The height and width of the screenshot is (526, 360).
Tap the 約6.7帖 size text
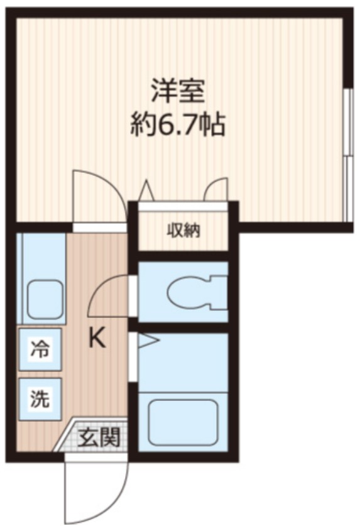[x=178, y=126]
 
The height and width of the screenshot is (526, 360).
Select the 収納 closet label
[x=183, y=231]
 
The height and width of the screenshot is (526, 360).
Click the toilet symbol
[x=195, y=291]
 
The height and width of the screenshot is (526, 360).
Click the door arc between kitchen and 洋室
[x=94, y=192]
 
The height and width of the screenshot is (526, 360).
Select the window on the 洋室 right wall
[x=347, y=154]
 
